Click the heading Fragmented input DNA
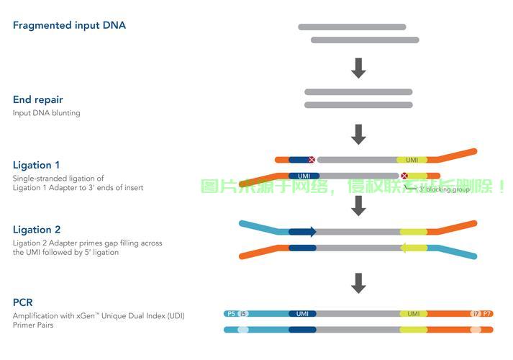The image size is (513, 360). point(69,25)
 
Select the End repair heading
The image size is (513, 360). point(38,100)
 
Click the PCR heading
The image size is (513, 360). point(23,303)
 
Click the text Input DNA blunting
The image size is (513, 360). point(47,113)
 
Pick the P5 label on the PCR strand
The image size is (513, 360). point(231,314)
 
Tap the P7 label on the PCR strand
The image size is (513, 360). point(487,314)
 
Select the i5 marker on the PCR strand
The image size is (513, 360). point(243,314)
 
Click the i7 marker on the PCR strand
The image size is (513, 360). point(475,314)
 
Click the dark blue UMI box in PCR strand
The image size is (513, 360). point(302,314)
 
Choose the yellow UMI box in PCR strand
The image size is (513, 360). point(414,314)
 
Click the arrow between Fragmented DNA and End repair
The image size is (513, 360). point(358,68)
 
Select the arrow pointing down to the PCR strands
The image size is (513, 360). point(358,282)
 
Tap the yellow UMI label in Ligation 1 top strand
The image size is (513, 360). point(412,160)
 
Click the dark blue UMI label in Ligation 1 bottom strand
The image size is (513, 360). point(303,176)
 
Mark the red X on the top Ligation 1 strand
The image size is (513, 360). point(312,160)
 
